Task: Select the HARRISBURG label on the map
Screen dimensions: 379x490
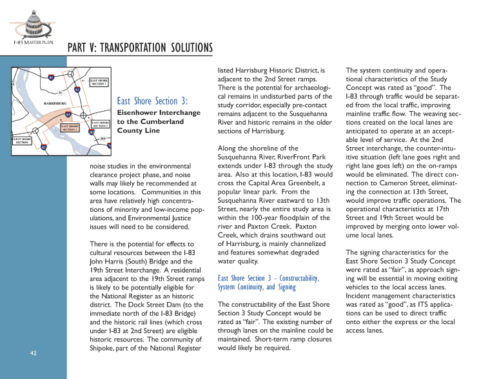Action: tap(55, 103)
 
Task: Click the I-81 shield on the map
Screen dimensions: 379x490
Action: tap(51, 77)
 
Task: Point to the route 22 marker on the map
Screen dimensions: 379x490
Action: tap(59, 93)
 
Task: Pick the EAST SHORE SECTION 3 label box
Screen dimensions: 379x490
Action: tap(70, 128)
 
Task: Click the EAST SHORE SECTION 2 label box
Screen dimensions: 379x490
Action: tap(101, 123)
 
